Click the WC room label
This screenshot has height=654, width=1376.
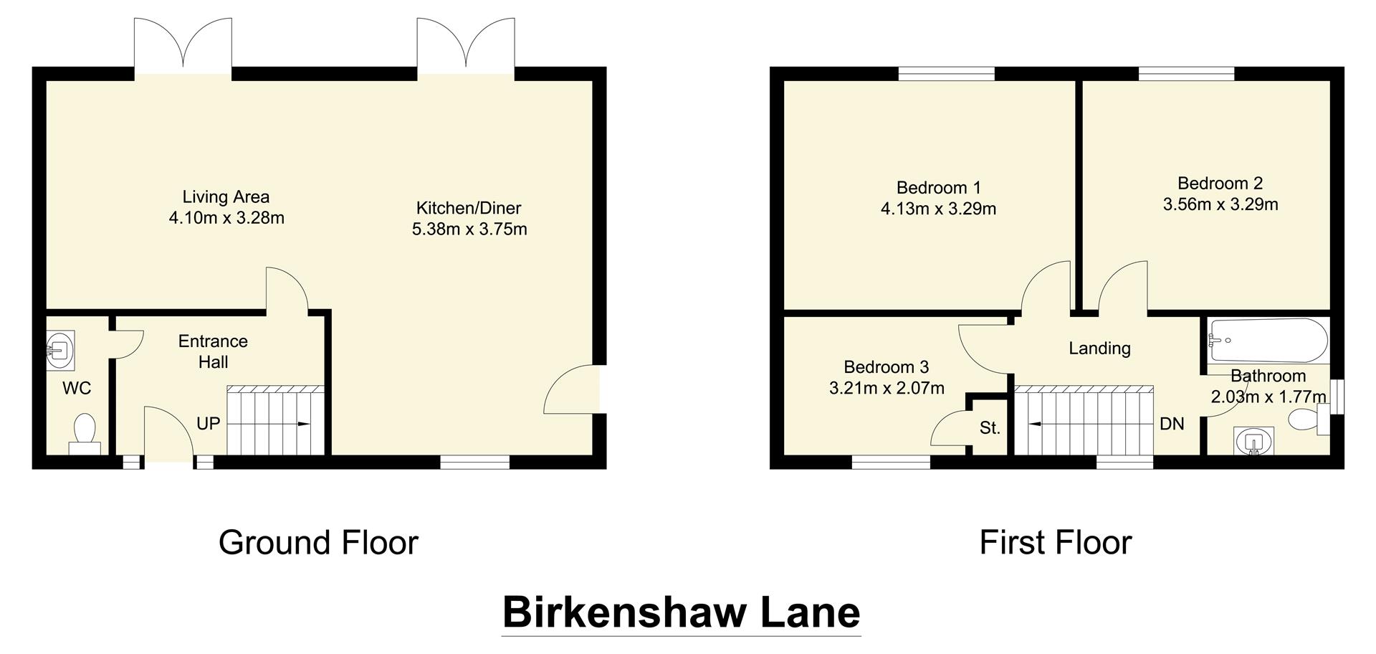pyautogui.click(x=77, y=389)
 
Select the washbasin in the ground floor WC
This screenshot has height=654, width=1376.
pyautogui.click(x=60, y=351)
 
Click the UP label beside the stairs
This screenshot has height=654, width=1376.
pyautogui.click(x=208, y=424)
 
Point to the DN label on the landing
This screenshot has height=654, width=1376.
pyautogui.click(x=1172, y=424)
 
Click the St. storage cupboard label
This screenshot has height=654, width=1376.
pyautogui.click(x=990, y=428)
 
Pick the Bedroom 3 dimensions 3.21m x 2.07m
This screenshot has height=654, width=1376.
pyautogui.click(x=887, y=389)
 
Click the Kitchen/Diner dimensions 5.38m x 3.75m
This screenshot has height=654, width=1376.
pyautogui.click(x=469, y=229)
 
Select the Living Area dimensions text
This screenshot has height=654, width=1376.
pyautogui.click(x=226, y=218)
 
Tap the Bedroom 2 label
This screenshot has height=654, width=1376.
pyautogui.click(x=1220, y=183)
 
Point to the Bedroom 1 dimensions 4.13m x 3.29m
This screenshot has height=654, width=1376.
pyautogui.click(x=938, y=209)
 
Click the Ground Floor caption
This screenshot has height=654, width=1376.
pyautogui.click(x=318, y=543)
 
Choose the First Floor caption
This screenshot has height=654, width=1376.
pyautogui.click(x=1055, y=543)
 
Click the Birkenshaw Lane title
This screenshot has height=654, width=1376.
pyautogui.click(x=681, y=612)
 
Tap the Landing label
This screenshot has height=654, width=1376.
pyautogui.click(x=1099, y=349)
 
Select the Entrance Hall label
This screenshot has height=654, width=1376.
pyautogui.click(x=213, y=351)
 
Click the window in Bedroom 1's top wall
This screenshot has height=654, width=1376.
pyautogui.click(x=946, y=73)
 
